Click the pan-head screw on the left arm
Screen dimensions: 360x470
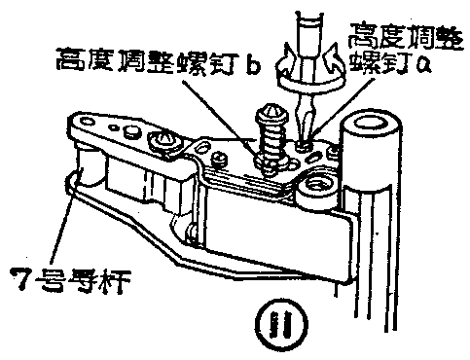click(165, 141)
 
